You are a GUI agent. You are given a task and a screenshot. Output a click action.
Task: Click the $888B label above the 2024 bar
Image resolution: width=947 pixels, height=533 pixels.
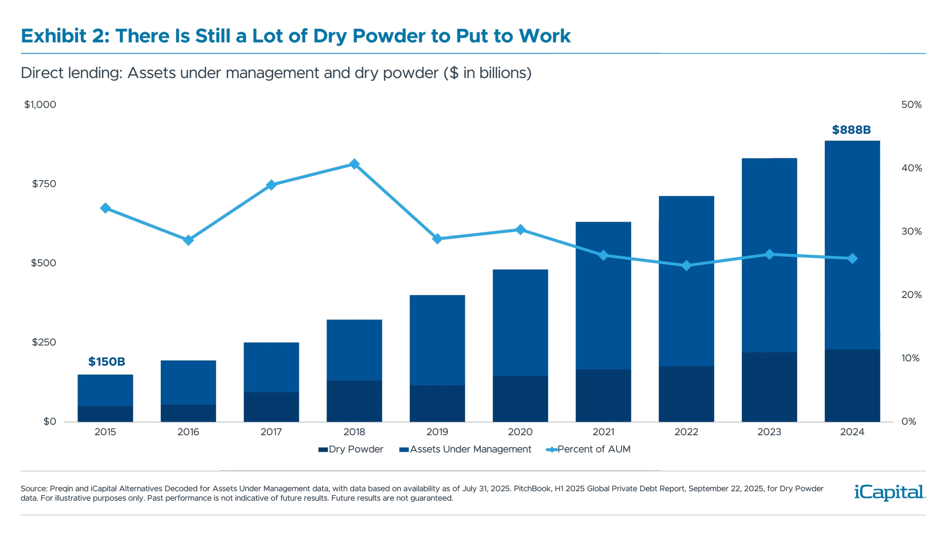coord(852,130)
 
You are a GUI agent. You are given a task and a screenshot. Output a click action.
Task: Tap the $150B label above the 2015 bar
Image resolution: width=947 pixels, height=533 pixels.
coord(107,362)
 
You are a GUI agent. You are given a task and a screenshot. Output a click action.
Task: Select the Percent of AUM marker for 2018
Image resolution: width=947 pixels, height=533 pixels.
coord(354,164)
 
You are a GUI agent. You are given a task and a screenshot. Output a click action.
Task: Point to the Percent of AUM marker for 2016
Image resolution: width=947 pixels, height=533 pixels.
coord(188,240)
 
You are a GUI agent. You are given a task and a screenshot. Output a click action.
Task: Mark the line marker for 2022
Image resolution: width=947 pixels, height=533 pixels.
coord(686,266)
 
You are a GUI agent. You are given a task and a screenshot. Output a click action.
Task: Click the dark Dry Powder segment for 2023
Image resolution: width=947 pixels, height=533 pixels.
coord(769,387)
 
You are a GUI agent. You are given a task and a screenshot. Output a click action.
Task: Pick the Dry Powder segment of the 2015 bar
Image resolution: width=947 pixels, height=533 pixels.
coord(105,414)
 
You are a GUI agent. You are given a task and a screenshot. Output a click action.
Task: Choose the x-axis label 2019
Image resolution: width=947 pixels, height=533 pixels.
coord(437,432)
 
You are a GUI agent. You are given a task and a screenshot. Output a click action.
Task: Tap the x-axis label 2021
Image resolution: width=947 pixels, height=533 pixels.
coord(603,432)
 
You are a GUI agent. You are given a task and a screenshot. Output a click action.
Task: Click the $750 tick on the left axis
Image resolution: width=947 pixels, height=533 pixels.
coord(44,184)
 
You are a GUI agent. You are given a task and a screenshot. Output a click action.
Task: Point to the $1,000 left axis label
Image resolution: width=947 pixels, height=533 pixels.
coord(40,105)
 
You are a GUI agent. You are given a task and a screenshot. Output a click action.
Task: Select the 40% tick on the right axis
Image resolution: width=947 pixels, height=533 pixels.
coord(911,168)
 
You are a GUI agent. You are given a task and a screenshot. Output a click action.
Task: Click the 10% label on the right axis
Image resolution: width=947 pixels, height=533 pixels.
coord(911,358)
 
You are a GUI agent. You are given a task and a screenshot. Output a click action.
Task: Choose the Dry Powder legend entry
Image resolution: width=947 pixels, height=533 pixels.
coord(350,450)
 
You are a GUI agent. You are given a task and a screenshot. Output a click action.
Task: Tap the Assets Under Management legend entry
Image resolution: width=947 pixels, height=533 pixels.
coord(466,450)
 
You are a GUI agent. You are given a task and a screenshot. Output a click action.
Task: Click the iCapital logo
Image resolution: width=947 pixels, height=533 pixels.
coord(888,492)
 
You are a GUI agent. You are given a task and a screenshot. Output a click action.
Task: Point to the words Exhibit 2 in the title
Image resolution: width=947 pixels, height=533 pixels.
coord(54,36)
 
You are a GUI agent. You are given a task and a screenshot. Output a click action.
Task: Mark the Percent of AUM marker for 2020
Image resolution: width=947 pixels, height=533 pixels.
coord(520,229)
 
